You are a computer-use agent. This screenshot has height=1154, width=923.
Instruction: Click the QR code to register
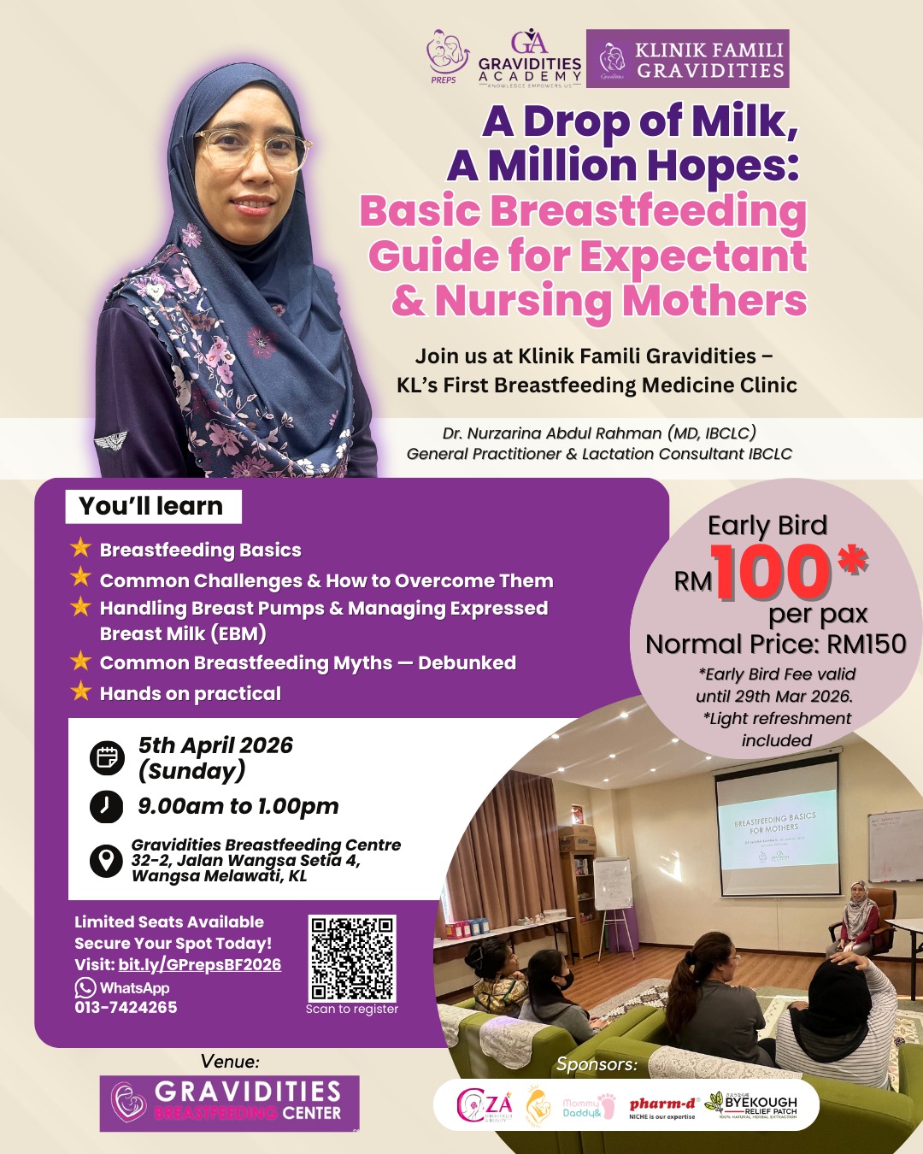pos(352,958)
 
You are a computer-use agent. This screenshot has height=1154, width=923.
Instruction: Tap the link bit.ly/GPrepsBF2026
pos(199,965)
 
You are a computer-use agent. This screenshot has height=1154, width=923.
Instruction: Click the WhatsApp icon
pos(85,987)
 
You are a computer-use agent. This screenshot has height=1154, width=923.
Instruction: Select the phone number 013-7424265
pos(126,1008)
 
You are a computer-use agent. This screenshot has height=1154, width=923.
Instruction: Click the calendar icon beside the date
pos(107,758)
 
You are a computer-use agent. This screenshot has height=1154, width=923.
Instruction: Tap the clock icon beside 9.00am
pos(107,806)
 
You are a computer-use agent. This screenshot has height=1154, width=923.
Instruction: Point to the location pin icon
pos(107,860)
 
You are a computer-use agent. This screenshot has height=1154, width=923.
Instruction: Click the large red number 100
pos(773,572)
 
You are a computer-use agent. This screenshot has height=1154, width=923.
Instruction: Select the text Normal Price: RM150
pos(775,644)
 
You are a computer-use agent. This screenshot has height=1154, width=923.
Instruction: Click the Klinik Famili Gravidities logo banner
pos(687,59)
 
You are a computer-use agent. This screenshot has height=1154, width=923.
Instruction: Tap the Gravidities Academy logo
pos(530,59)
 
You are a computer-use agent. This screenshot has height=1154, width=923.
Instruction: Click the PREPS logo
pos(446,56)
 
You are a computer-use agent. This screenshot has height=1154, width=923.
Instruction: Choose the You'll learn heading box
pos(153,506)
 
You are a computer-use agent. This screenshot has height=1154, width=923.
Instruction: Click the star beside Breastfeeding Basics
pos(81,547)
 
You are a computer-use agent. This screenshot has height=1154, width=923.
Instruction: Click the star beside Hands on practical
pos(81,691)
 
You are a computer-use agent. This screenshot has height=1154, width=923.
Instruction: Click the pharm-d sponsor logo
pos(663,1106)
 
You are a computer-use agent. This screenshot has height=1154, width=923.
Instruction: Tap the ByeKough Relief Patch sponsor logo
pos(751,1105)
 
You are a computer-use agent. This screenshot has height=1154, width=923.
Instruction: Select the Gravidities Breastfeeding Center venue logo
pos(229,1104)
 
